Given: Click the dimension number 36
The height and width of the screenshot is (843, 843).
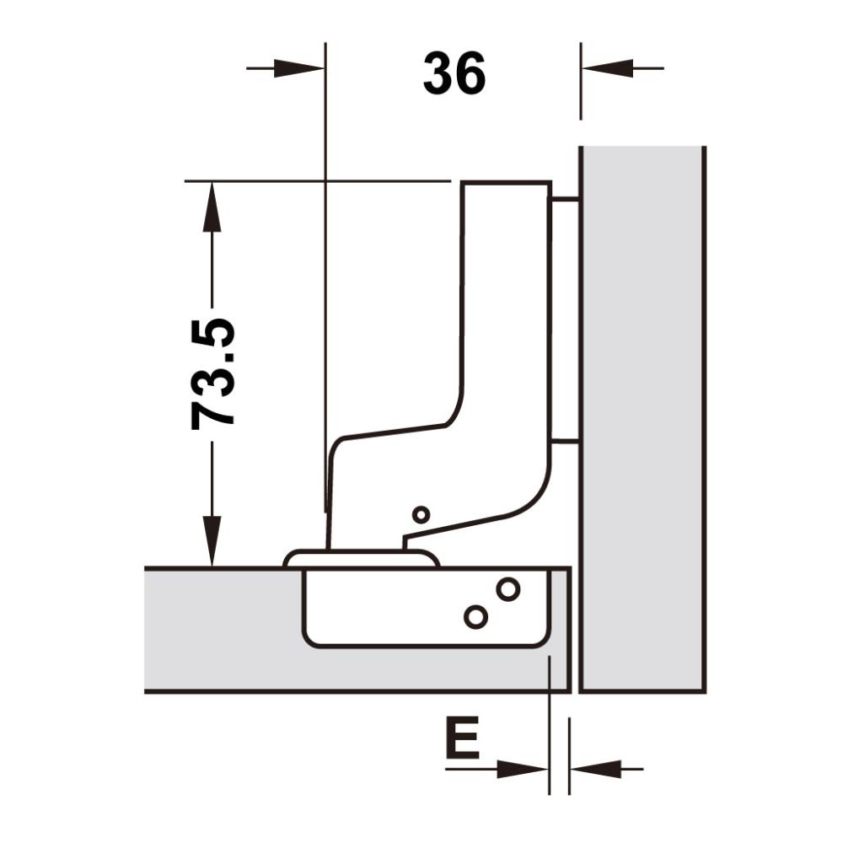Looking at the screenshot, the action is click(x=454, y=73).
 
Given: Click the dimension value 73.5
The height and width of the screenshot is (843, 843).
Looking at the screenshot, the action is click(x=213, y=374).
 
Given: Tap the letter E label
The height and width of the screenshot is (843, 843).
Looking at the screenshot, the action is click(x=462, y=737).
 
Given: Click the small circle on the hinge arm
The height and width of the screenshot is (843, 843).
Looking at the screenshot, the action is click(x=421, y=515).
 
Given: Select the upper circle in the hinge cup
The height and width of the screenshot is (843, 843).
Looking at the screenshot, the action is click(x=507, y=590).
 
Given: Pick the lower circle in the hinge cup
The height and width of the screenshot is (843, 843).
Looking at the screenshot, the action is click(x=475, y=617).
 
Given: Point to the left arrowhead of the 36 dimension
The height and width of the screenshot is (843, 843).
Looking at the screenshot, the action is click(x=299, y=68).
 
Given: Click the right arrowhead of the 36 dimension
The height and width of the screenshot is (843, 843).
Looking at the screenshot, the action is click(x=607, y=68).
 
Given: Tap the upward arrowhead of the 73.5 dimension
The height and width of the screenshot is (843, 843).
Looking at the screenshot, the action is click(x=212, y=207).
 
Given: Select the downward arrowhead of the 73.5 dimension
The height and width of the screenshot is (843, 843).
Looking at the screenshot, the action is click(x=212, y=541).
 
